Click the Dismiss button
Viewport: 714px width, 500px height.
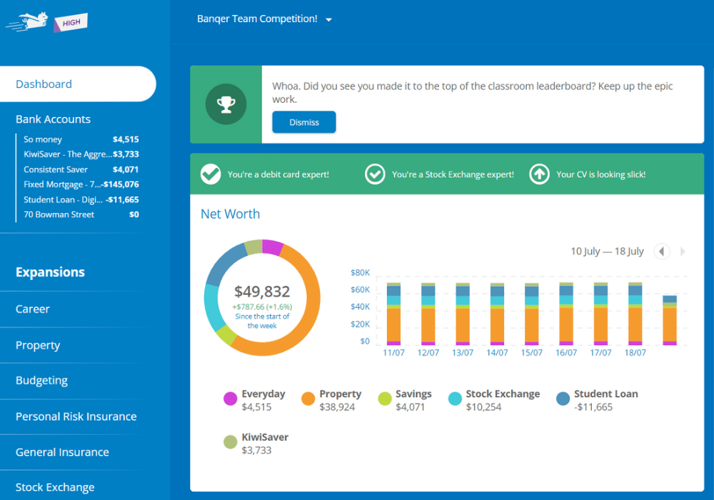point(303,122)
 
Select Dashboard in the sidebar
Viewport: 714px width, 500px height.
point(44,84)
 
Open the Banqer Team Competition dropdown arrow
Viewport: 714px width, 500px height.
point(329,20)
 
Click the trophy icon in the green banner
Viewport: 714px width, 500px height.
point(226,105)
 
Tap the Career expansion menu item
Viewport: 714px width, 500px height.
point(33,309)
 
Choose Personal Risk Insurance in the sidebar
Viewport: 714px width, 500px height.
point(76,416)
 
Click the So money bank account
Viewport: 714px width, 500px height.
point(43,139)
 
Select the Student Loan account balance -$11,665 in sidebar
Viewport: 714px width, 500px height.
point(121,200)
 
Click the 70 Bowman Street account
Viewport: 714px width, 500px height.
point(59,214)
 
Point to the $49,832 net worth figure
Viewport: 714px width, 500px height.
point(262,291)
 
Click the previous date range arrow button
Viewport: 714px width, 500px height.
point(662,251)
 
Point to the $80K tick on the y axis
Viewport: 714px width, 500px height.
point(360,273)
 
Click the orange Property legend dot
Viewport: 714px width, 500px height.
point(308,399)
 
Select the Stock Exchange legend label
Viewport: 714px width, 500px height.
point(503,394)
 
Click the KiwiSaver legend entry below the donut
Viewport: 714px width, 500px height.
point(265,437)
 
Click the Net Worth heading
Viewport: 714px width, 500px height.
point(230,214)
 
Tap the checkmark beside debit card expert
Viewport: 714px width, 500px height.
point(211,174)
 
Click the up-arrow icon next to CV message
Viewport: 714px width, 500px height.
point(539,174)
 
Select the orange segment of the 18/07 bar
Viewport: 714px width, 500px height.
point(635,324)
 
